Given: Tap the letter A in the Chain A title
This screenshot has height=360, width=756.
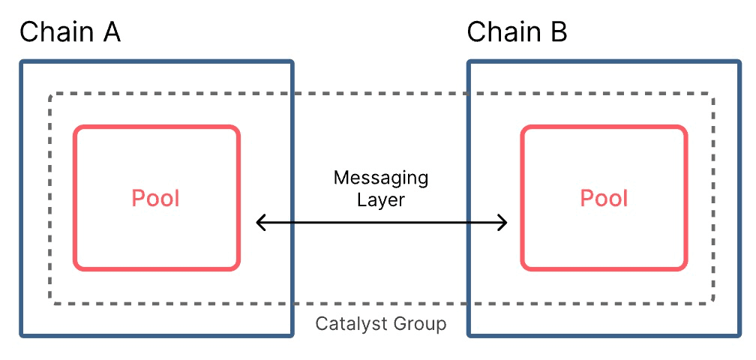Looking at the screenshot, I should (109, 33).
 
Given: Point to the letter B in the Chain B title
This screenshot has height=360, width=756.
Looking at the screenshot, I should (557, 33).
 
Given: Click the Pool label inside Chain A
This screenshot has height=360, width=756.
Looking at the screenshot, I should (156, 199).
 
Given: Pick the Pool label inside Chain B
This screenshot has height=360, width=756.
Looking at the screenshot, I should (604, 199).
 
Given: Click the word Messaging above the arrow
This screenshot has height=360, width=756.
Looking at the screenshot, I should (381, 178).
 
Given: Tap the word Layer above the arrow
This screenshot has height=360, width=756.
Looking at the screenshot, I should (381, 199).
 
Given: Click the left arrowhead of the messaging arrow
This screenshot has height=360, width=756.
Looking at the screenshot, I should (259, 222).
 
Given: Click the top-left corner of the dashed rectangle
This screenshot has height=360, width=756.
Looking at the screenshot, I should (51, 95).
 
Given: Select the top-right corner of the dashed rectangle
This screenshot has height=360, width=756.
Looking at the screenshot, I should (712, 95).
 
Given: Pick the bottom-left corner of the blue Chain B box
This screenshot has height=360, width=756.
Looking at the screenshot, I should (469, 334).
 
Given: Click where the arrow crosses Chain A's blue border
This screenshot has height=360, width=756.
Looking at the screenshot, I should (291, 222).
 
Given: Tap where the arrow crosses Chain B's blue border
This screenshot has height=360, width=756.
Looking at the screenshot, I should (469, 222).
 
